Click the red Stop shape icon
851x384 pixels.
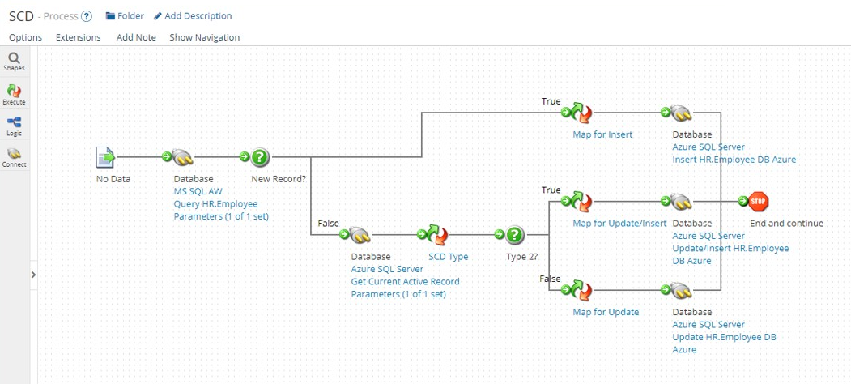click(x=758, y=202)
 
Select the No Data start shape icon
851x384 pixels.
click(x=105, y=157)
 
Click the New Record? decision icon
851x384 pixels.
click(x=259, y=157)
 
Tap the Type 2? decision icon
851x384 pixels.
click(x=515, y=235)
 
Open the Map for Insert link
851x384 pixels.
click(x=602, y=134)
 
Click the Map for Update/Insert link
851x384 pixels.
click(x=619, y=224)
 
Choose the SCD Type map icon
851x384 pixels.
click(x=438, y=235)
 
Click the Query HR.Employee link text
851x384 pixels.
click(x=215, y=204)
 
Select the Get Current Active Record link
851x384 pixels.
click(x=405, y=281)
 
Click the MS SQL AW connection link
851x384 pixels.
click(x=198, y=192)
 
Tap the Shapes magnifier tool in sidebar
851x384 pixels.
click(x=14, y=60)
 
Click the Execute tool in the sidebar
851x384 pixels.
click(x=14, y=94)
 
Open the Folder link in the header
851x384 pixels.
click(x=125, y=16)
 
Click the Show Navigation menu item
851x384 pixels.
click(x=204, y=37)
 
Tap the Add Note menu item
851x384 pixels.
click(x=136, y=37)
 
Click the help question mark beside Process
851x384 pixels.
click(x=87, y=16)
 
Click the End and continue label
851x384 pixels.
click(x=786, y=224)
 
